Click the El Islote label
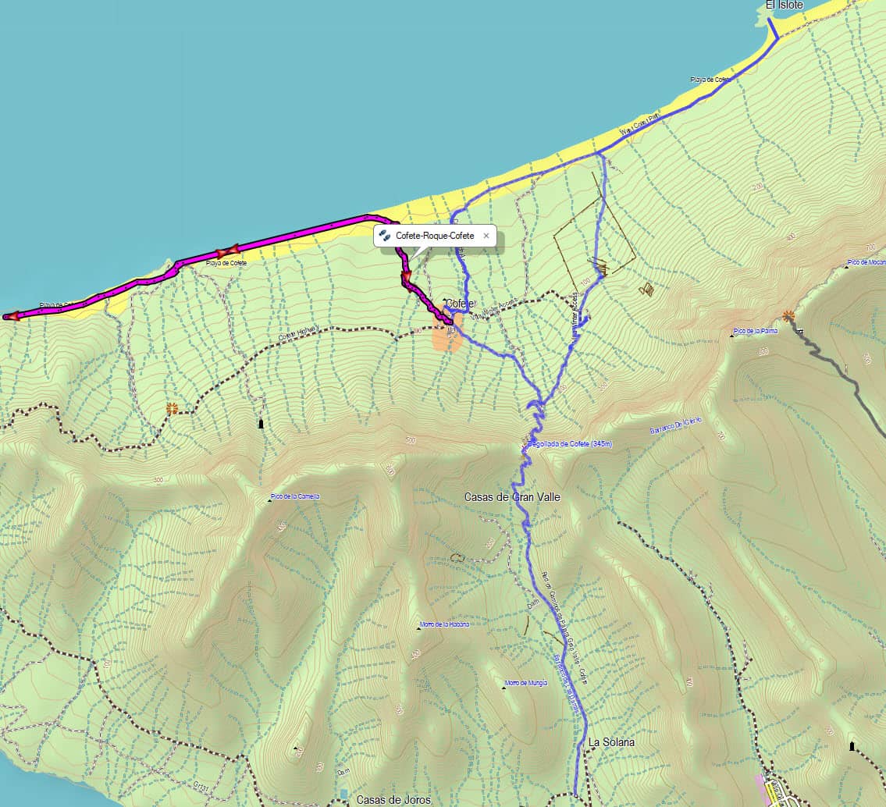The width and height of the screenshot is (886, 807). pos(784,5)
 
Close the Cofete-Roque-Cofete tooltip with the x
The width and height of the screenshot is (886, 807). pos(486,235)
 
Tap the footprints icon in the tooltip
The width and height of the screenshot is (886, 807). pos(384,235)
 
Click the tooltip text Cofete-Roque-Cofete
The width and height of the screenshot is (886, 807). pos(434,235)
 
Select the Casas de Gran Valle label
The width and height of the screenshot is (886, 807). pos(512,497)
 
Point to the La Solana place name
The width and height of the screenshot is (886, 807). pos(611,742)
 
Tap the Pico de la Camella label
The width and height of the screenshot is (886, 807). pos(295,497)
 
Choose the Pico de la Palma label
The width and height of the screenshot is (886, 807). pos(756,331)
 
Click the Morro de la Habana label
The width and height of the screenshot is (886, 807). pos(445,624)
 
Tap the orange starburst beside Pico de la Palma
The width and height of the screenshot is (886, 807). pos(788,316)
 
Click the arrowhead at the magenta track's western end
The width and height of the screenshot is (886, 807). pos(10,316)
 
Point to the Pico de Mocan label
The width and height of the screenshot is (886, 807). pos(866,263)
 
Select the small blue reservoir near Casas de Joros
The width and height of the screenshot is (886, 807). pos(343,794)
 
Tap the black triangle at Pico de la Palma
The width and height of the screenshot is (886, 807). pos(732,336)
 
